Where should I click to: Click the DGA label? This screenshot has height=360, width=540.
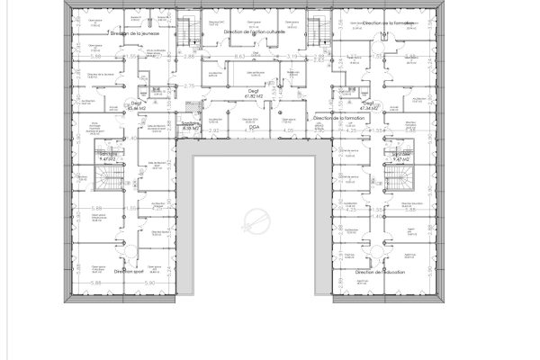(254, 129)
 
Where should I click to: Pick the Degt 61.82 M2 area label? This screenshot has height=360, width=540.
(254, 93)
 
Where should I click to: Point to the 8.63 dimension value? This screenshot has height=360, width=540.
(240, 57)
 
